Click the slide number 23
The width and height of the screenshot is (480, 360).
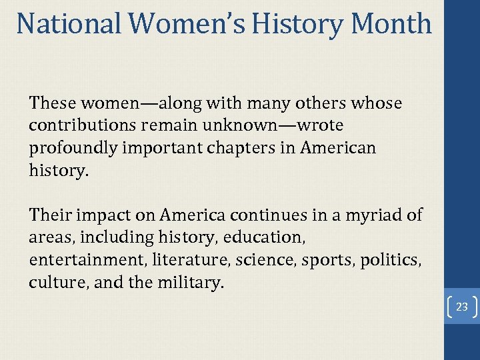(462, 307)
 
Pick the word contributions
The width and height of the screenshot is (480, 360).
(77, 125)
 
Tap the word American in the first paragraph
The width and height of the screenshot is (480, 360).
(337, 148)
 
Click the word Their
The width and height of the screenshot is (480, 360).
(49, 215)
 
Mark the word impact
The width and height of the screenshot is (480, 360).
(102, 215)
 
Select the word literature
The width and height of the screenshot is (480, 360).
(183, 260)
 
